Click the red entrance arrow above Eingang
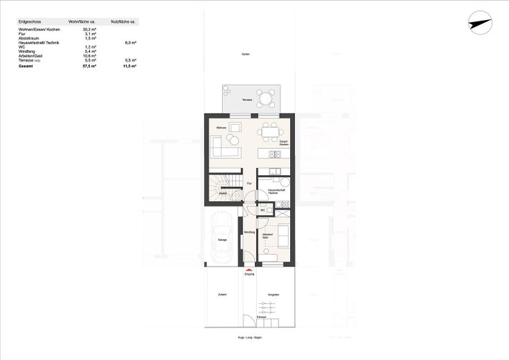point(249,269)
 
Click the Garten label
point(245,54)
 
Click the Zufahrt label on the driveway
point(222,295)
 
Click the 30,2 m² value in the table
point(89,30)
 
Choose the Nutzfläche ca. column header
point(125,22)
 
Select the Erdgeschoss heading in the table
point(30,22)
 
